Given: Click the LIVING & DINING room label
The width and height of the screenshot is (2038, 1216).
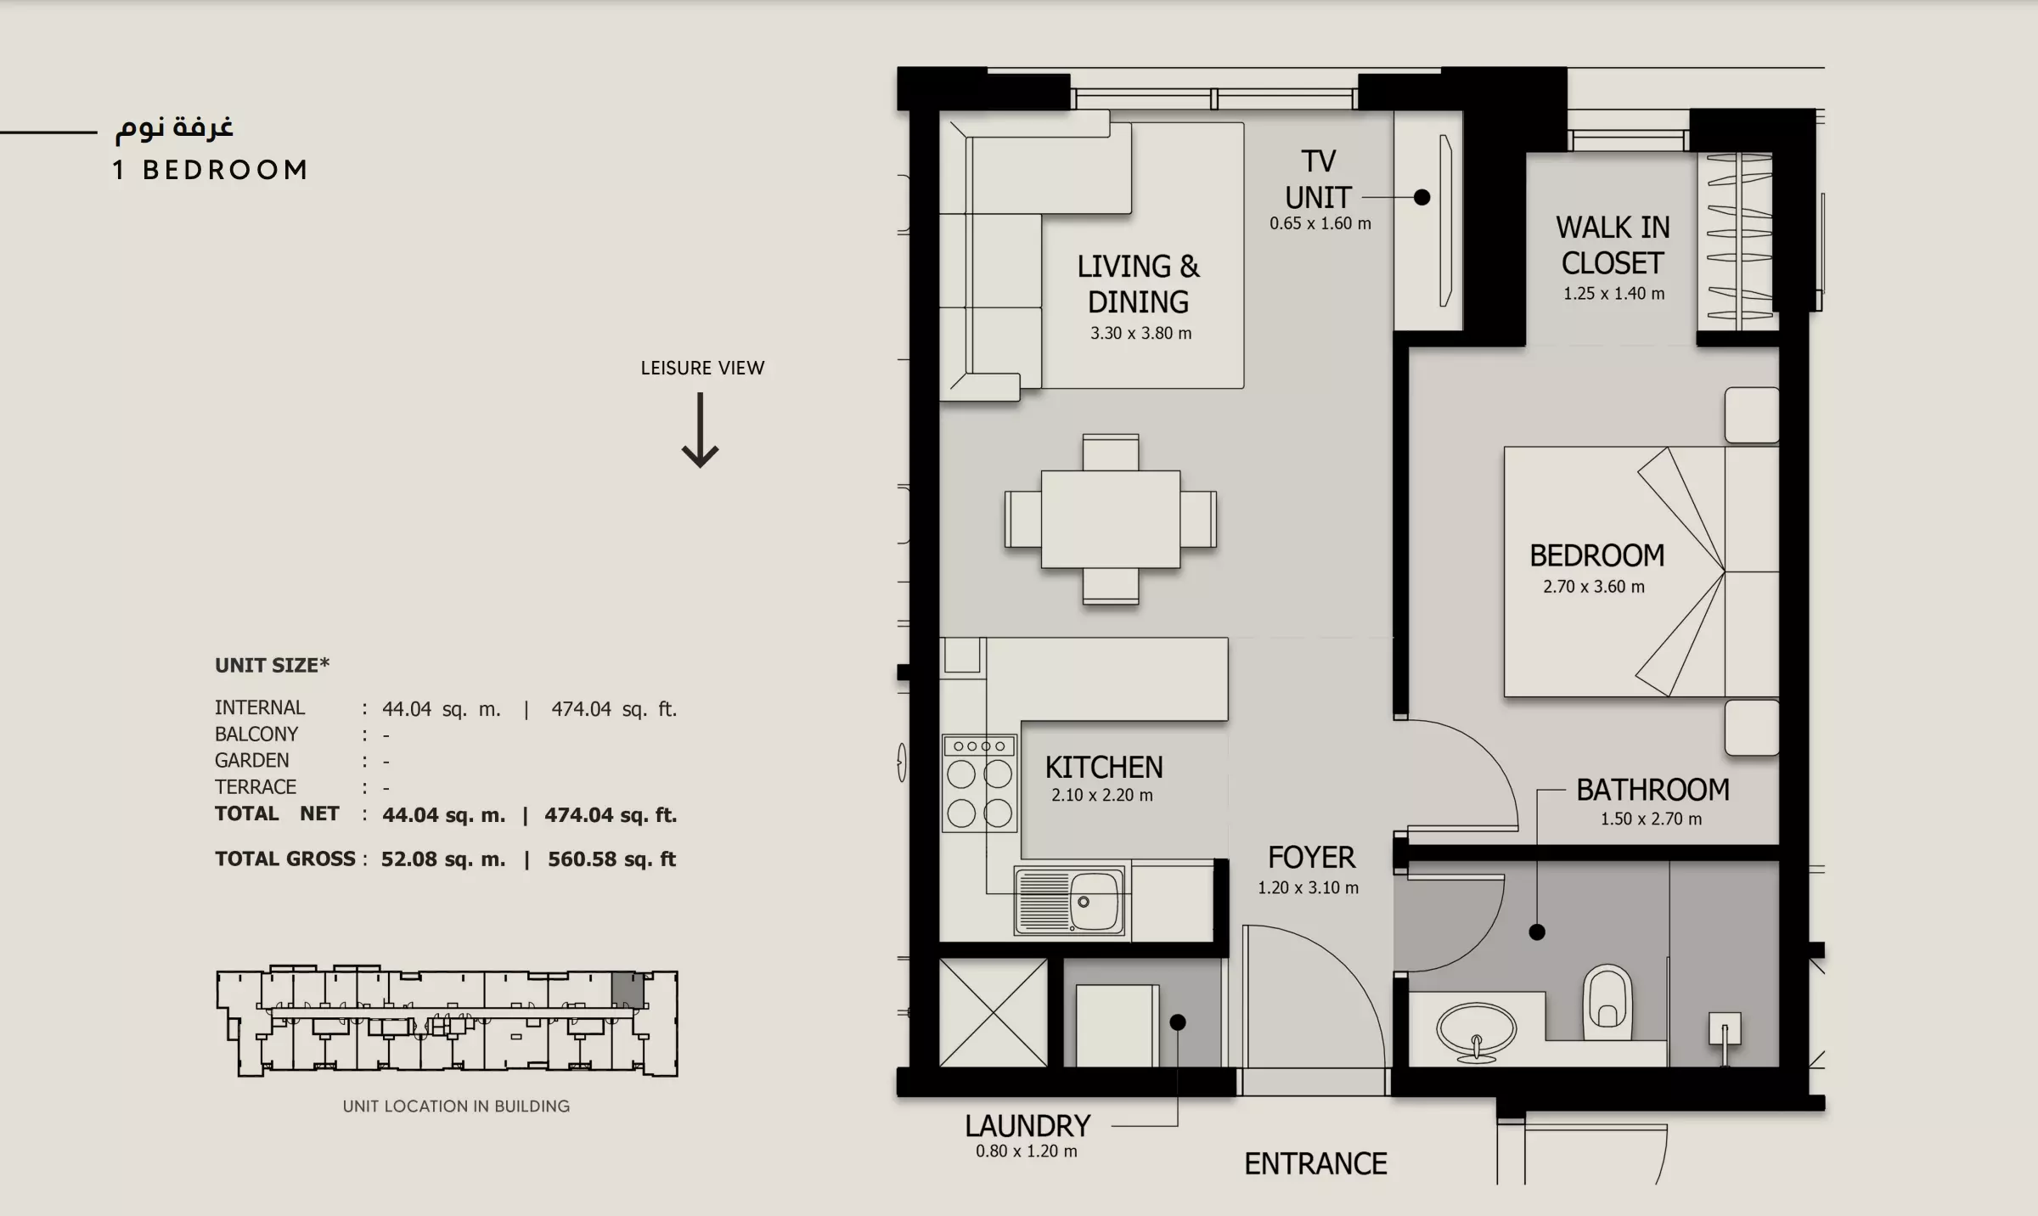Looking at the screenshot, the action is tap(1139, 284).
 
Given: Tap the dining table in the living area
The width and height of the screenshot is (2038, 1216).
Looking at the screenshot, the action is tap(1111, 519).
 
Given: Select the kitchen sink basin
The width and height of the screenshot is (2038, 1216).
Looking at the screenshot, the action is tap(1095, 901).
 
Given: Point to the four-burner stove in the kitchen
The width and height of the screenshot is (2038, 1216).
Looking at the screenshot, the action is tap(980, 783).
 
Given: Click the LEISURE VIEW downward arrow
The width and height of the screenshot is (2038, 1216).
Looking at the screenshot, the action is tap(701, 430).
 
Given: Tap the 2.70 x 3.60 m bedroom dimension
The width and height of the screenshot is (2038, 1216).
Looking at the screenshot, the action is tap(1594, 587).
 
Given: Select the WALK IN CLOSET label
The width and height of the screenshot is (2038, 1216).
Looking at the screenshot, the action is tap(1613, 245).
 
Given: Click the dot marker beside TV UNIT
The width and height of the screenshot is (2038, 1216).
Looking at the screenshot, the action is tap(1422, 197).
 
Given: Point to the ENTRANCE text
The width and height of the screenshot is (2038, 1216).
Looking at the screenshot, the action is tap(1315, 1163).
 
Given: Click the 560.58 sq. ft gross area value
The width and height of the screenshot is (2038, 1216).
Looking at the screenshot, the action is tap(611, 859).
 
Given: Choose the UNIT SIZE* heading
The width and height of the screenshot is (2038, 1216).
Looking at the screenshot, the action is tap(272, 665).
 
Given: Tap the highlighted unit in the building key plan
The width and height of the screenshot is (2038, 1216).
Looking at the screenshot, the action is tap(628, 990).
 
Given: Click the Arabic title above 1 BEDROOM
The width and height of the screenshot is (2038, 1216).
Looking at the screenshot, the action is tap(174, 127).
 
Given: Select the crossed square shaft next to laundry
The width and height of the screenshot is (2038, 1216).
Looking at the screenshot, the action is tap(993, 1012).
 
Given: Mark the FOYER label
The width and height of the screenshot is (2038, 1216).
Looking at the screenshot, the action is tap(1311, 858).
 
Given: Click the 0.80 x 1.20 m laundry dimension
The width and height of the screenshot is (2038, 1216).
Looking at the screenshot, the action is tap(1026, 1151).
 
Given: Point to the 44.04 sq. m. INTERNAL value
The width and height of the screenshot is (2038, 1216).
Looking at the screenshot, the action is tap(441, 709).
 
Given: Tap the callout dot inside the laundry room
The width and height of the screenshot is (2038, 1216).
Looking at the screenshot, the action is tap(1178, 1022).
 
